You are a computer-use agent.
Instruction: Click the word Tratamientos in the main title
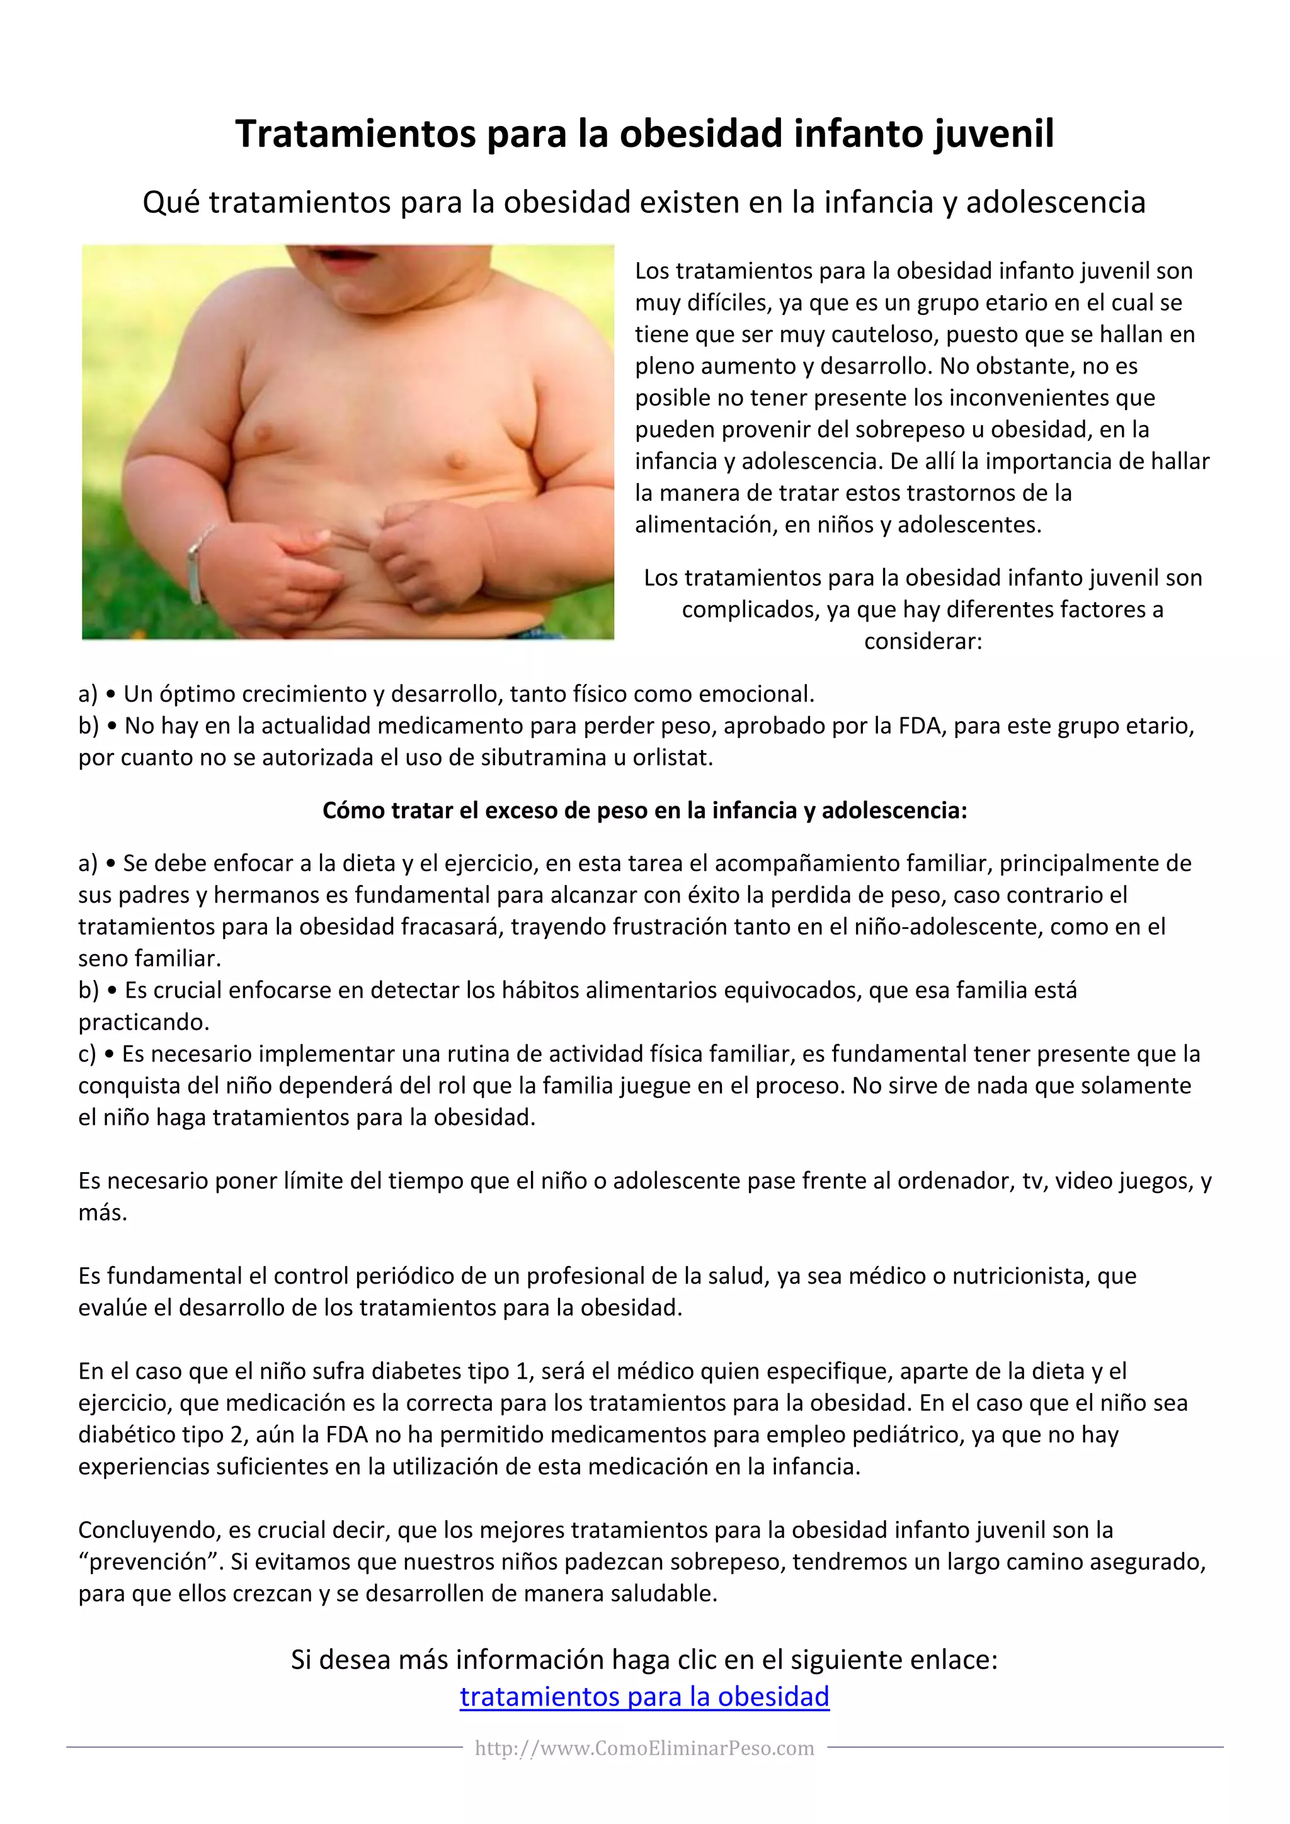click(x=356, y=134)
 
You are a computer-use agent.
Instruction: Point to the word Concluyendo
click(x=149, y=1531)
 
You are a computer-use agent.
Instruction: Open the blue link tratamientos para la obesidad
click(x=644, y=1697)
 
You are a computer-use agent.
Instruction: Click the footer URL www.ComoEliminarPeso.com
click(x=644, y=1748)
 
